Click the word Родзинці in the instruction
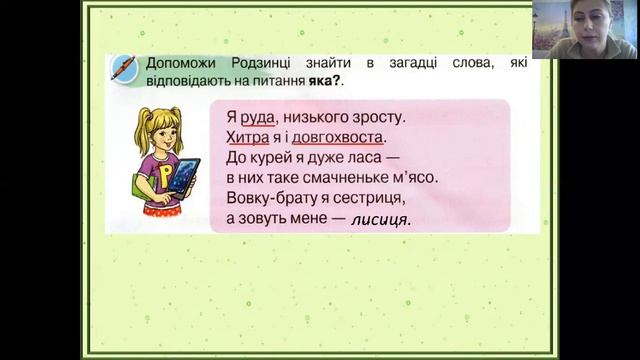(x=261, y=64)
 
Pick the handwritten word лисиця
(x=380, y=220)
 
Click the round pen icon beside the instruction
(x=124, y=66)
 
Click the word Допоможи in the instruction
(x=179, y=64)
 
